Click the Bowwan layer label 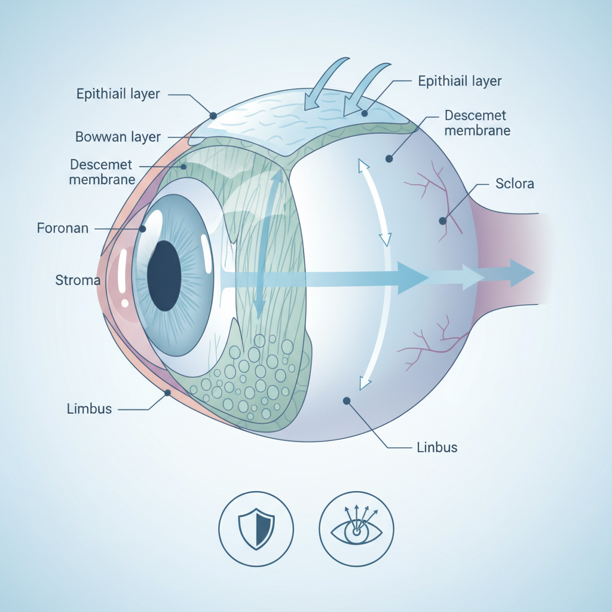click(x=118, y=137)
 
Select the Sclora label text click(x=515, y=183)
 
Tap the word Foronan click(x=63, y=228)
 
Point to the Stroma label click(x=78, y=279)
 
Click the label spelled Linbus click(x=436, y=447)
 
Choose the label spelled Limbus click(x=90, y=409)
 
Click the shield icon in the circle click(x=256, y=528)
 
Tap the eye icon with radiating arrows click(x=356, y=528)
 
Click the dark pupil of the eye click(x=164, y=276)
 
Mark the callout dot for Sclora click(x=442, y=221)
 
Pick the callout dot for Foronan click(x=143, y=228)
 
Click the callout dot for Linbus click(x=347, y=401)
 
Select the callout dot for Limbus click(x=168, y=393)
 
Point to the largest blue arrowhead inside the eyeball click(x=412, y=277)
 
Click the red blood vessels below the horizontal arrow click(x=430, y=344)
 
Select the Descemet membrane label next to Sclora click(x=477, y=123)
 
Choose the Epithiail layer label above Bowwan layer click(x=118, y=94)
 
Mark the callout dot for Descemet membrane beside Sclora click(x=389, y=158)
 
